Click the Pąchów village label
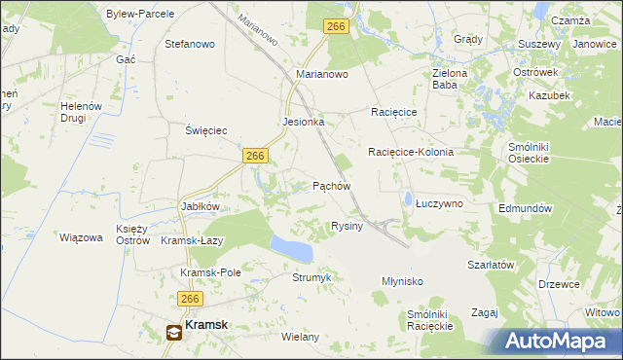tap(330, 185)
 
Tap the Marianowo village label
tap(322, 74)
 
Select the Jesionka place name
tap(303, 123)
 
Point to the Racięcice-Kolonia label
tap(411, 153)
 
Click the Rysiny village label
tap(347, 226)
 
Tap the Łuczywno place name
tap(439, 203)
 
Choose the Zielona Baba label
tap(450, 79)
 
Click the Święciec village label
tap(206, 129)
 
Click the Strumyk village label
tap(312, 277)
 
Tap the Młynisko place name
tap(401, 281)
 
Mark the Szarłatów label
tap(490, 265)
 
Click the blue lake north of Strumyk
tap(291, 248)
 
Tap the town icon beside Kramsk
tap(173, 332)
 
